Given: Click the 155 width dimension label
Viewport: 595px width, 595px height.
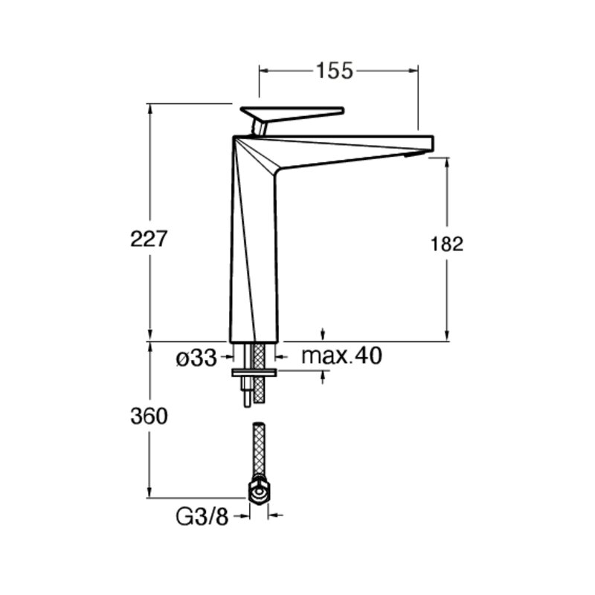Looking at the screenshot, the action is pyautogui.click(x=334, y=71).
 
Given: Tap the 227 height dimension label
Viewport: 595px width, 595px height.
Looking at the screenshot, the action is pyautogui.click(x=149, y=239).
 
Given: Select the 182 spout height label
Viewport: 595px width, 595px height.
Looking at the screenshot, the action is pyautogui.click(x=447, y=244).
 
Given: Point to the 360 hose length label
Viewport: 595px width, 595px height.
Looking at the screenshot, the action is pyautogui.click(x=149, y=416).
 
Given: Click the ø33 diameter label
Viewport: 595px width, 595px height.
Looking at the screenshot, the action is pyautogui.click(x=196, y=358).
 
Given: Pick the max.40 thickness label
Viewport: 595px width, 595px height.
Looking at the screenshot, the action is pyautogui.click(x=341, y=356).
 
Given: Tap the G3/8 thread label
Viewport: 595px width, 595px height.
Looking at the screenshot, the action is pyautogui.click(x=202, y=516).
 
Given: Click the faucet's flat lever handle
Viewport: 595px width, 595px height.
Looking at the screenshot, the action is pyautogui.click(x=292, y=114).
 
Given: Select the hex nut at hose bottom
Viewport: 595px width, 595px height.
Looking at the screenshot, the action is pyautogui.click(x=259, y=492).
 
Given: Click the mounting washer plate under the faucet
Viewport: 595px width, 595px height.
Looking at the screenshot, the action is pyautogui.click(x=254, y=373).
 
